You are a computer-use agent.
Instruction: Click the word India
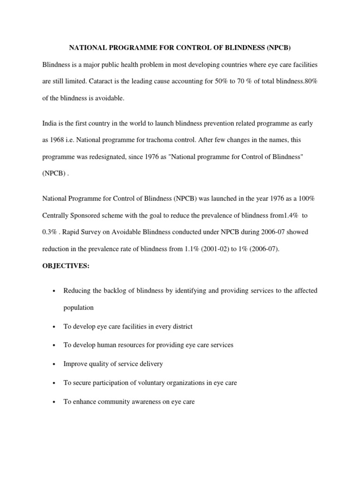[50, 123]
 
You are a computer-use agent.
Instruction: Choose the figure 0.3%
[50, 232]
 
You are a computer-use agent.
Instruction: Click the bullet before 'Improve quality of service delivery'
[55, 364]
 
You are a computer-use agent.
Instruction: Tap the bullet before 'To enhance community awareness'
[55, 402]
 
